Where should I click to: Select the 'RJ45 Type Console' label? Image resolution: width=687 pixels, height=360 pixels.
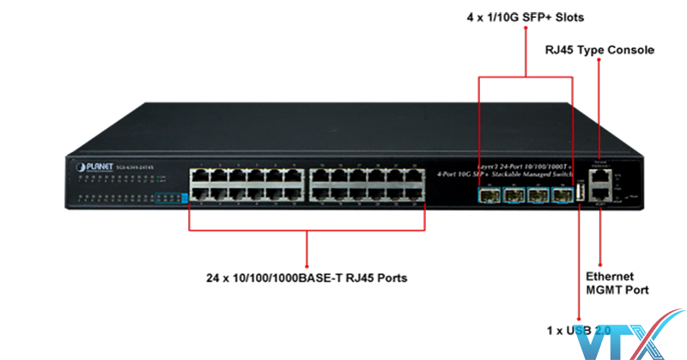click(x=599, y=49)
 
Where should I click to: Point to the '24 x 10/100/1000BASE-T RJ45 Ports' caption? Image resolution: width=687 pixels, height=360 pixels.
click(x=307, y=278)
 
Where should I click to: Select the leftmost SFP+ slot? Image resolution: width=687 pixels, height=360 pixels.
click(x=489, y=195)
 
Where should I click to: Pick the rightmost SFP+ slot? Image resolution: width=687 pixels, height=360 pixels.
click(x=562, y=195)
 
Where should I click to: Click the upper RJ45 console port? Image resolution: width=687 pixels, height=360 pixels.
click(x=599, y=177)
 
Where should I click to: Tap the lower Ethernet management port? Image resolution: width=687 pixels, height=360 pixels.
click(x=599, y=197)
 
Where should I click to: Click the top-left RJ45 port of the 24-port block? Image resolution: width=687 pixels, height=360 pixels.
click(x=198, y=175)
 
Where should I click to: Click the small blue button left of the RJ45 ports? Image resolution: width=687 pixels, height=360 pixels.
click(x=184, y=197)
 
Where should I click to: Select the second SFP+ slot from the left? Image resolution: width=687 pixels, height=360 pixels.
click(x=514, y=195)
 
